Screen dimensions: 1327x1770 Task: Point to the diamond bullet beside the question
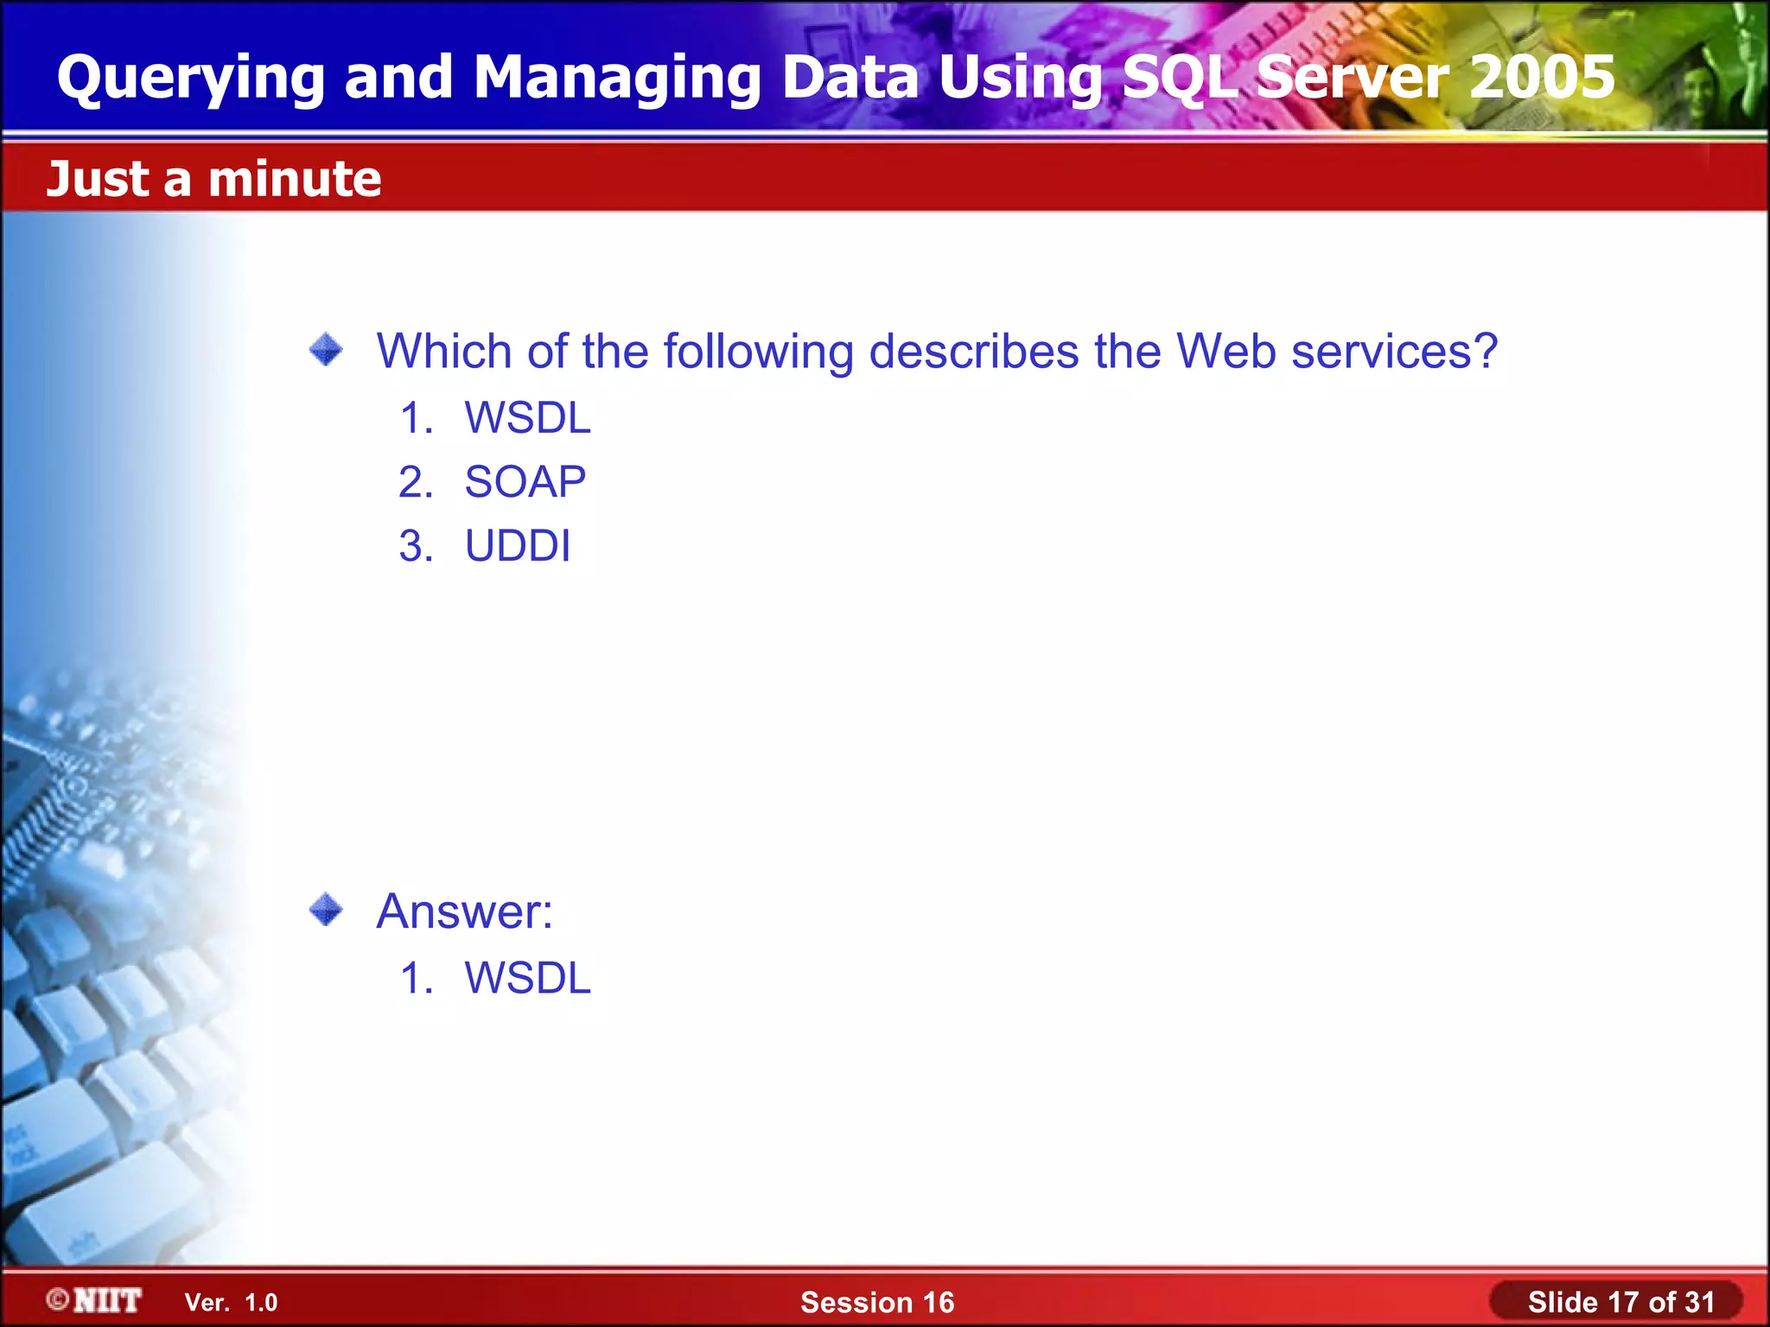(326, 350)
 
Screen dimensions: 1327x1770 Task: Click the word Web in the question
(1226, 352)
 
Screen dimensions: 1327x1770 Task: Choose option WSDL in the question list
(527, 418)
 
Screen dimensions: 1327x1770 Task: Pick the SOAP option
(525, 482)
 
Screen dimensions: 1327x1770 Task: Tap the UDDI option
(517, 546)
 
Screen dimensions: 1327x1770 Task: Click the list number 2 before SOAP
(415, 482)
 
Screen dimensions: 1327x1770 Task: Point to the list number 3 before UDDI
(415, 546)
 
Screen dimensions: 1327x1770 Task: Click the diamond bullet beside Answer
(326, 909)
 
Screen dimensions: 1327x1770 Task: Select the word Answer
(464, 911)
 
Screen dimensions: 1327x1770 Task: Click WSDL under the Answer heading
(527, 978)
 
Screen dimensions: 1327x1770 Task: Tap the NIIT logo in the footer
(94, 1300)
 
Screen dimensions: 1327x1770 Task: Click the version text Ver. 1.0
(231, 1302)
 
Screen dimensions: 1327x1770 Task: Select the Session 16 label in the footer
(877, 1302)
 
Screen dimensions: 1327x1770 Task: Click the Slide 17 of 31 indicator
(1620, 1302)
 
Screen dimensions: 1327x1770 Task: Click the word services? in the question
(1394, 352)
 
